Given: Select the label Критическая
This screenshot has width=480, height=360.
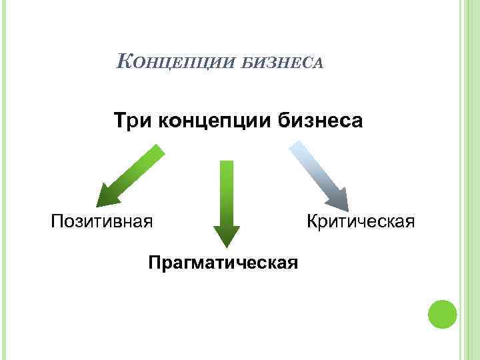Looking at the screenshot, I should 360,220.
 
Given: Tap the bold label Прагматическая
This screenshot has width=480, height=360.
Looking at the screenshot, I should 223,261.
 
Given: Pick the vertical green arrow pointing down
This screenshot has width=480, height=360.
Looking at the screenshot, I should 227,200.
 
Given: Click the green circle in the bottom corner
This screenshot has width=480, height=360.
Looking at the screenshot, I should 441,313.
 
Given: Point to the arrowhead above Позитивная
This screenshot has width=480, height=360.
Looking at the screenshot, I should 107,197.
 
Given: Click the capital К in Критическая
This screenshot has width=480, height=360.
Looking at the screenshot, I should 312,220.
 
